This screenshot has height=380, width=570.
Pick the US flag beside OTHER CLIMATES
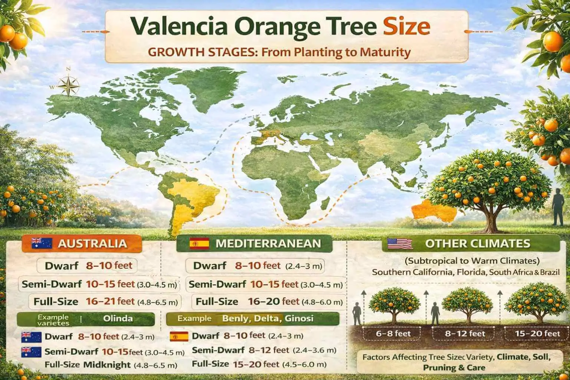coord(400,243)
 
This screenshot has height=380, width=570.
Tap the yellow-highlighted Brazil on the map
coord(193,193)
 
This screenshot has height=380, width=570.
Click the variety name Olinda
coord(118,318)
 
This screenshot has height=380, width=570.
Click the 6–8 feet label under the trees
coord(393,333)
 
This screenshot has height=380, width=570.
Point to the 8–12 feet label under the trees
coord(465,333)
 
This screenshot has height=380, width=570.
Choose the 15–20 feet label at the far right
coord(537,333)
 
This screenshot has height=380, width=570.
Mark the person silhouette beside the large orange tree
coord(558,206)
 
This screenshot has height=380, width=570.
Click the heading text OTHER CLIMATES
coord(477,243)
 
